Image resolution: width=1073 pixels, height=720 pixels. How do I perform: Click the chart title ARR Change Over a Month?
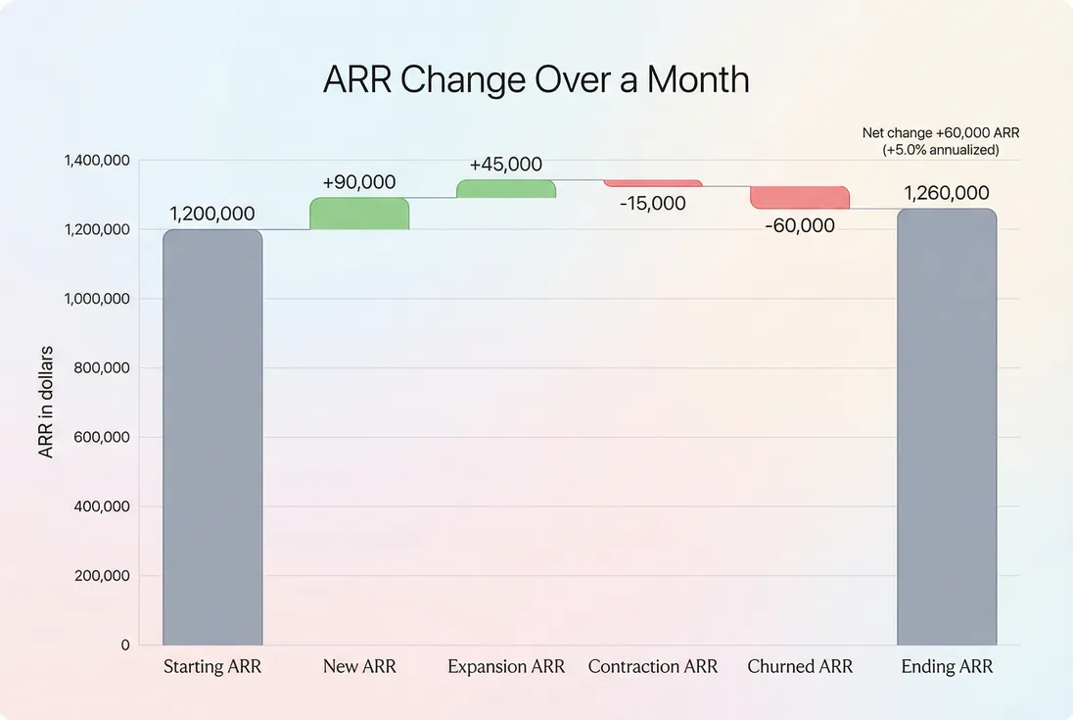(x=536, y=79)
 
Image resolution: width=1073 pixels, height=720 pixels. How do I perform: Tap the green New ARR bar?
(x=359, y=214)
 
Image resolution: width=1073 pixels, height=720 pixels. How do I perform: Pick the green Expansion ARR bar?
(x=506, y=189)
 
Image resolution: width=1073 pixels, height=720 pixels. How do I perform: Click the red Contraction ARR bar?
(x=653, y=183)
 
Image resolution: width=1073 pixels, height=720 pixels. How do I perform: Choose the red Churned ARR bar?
(x=800, y=197)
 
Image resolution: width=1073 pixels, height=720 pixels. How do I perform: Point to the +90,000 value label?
(x=359, y=182)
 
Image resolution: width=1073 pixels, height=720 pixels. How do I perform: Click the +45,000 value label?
(x=506, y=165)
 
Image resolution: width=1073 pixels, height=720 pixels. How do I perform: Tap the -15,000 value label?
(x=653, y=204)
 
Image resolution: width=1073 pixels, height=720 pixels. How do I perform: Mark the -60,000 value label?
(x=800, y=226)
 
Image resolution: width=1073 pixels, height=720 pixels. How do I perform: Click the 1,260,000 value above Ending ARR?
(x=947, y=193)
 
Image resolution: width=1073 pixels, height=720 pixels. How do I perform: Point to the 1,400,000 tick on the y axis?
(x=97, y=160)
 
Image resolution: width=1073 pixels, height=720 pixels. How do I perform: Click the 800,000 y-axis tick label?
(x=102, y=368)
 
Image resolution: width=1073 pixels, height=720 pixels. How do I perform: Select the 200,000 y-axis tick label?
(x=102, y=576)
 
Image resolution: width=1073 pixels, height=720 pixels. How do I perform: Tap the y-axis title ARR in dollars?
(x=46, y=402)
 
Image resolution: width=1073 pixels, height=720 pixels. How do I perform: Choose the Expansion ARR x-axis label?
(x=506, y=667)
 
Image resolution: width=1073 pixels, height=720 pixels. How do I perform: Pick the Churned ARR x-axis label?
(x=800, y=667)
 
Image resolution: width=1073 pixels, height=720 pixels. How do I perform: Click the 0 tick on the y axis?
(x=125, y=646)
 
